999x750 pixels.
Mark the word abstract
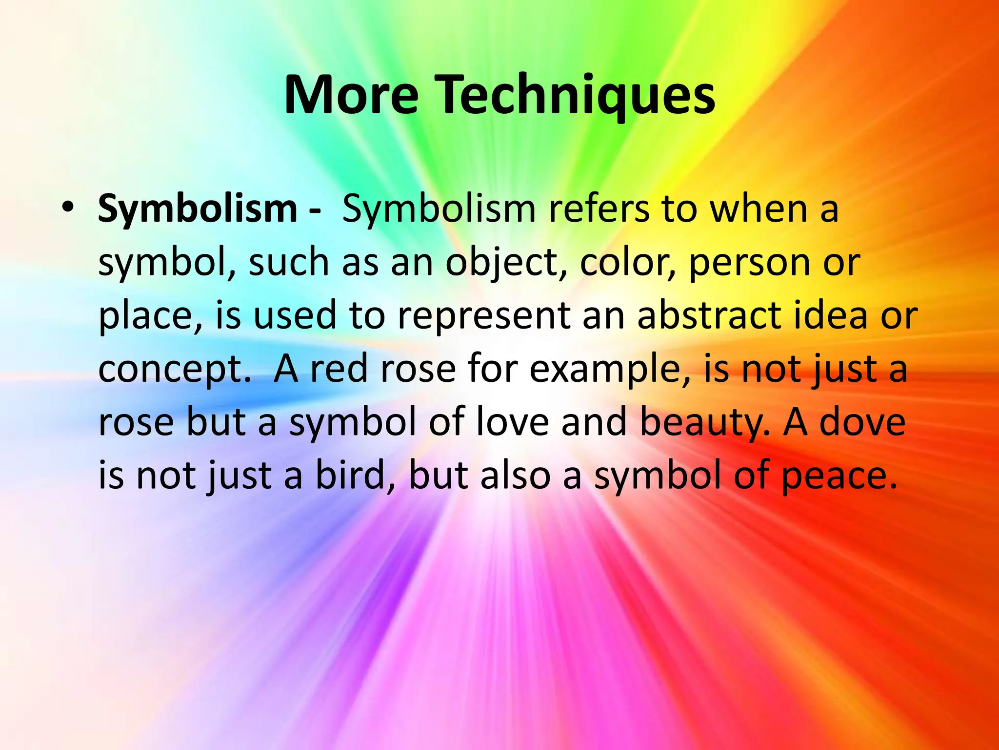coord(710,315)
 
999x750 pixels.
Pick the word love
coord(512,422)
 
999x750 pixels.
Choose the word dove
coord(862,422)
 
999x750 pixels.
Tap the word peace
coord(839,477)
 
